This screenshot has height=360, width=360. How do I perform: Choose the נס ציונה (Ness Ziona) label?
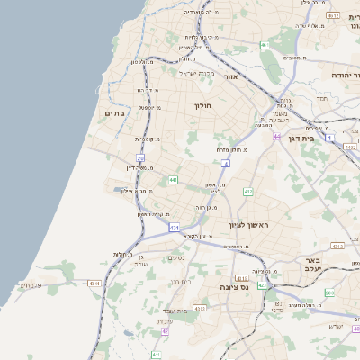pos(234,287)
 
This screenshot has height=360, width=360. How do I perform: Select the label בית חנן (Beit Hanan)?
pos(182,282)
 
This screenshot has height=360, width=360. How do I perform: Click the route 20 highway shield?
pos(140,157)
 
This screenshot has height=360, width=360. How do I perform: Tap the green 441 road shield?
pos(171,180)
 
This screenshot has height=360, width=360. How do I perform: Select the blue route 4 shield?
pos(226,164)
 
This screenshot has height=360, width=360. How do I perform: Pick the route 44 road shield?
pos(277,136)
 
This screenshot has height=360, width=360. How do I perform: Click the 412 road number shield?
pos(247,192)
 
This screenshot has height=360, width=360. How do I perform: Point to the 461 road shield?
pos(265,44)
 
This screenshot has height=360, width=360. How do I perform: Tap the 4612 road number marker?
pos(333,16)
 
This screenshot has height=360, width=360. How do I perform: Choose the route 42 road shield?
pos(165,331)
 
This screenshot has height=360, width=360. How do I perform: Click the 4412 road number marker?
pos(350,146)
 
